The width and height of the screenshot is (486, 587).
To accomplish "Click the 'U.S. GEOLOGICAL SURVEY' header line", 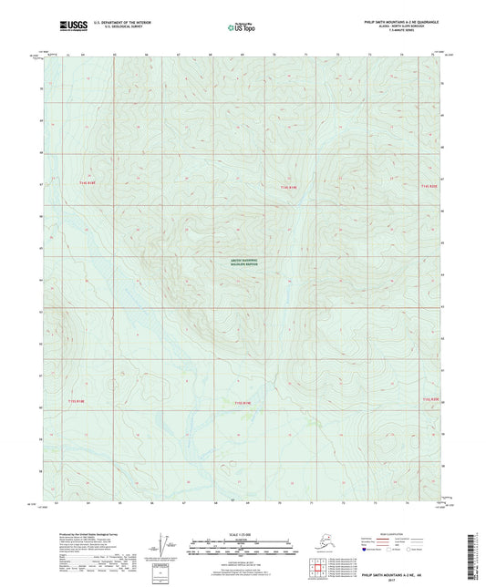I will click(124, 27).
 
